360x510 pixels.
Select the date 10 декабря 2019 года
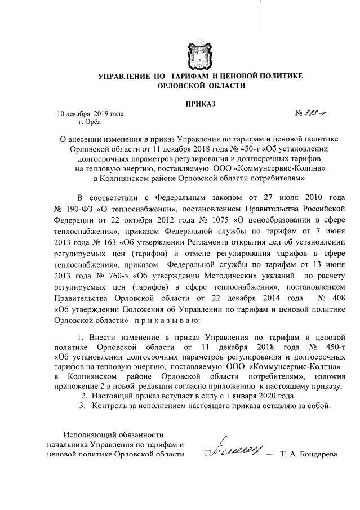[90, 113]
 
